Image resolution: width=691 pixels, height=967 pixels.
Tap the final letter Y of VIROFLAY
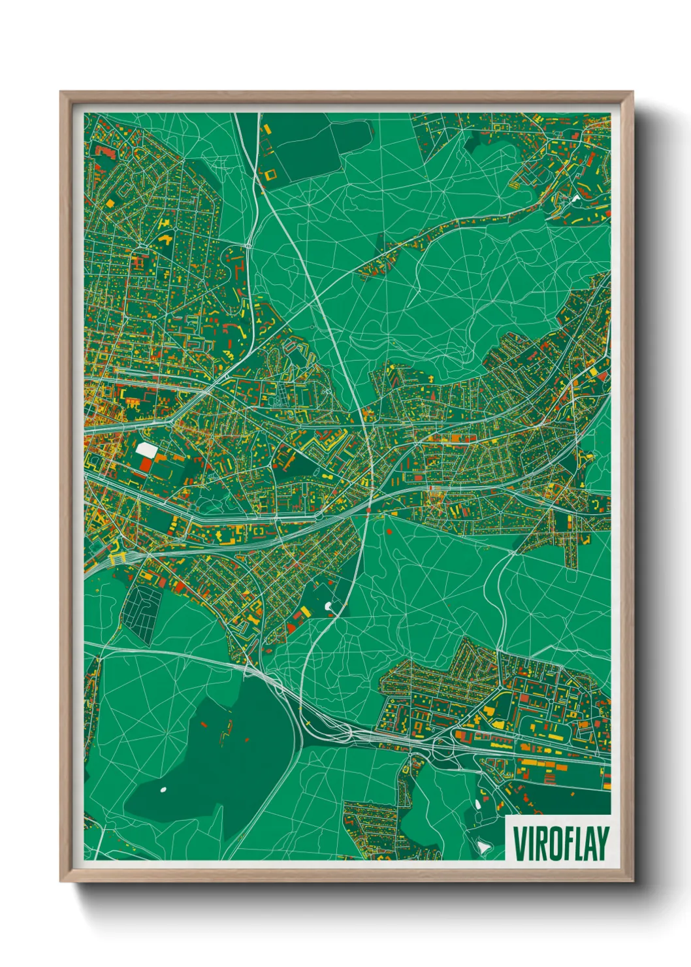(602, 844)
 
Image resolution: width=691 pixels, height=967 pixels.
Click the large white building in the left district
(146, 450)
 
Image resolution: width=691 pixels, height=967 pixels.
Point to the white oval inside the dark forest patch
(163, 789)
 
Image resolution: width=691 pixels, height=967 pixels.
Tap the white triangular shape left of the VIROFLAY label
(483, 847)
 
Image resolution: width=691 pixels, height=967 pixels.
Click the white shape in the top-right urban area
(575, 197)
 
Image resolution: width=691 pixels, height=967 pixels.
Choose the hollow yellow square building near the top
(270, 174)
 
